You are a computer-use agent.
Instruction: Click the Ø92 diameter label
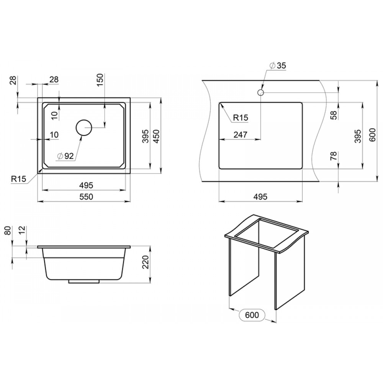tap(65, 156)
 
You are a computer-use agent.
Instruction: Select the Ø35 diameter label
tap(278, 65)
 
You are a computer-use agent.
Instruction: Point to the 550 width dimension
tap(86, 196)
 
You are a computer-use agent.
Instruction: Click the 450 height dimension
tap(156, 136)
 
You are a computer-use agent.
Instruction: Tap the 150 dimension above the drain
tap(100, 80)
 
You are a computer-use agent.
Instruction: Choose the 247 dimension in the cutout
tap(241, 134)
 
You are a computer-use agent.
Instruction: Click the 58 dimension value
tap(334, 115)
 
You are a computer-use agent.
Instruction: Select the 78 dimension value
tap(334, 156)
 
